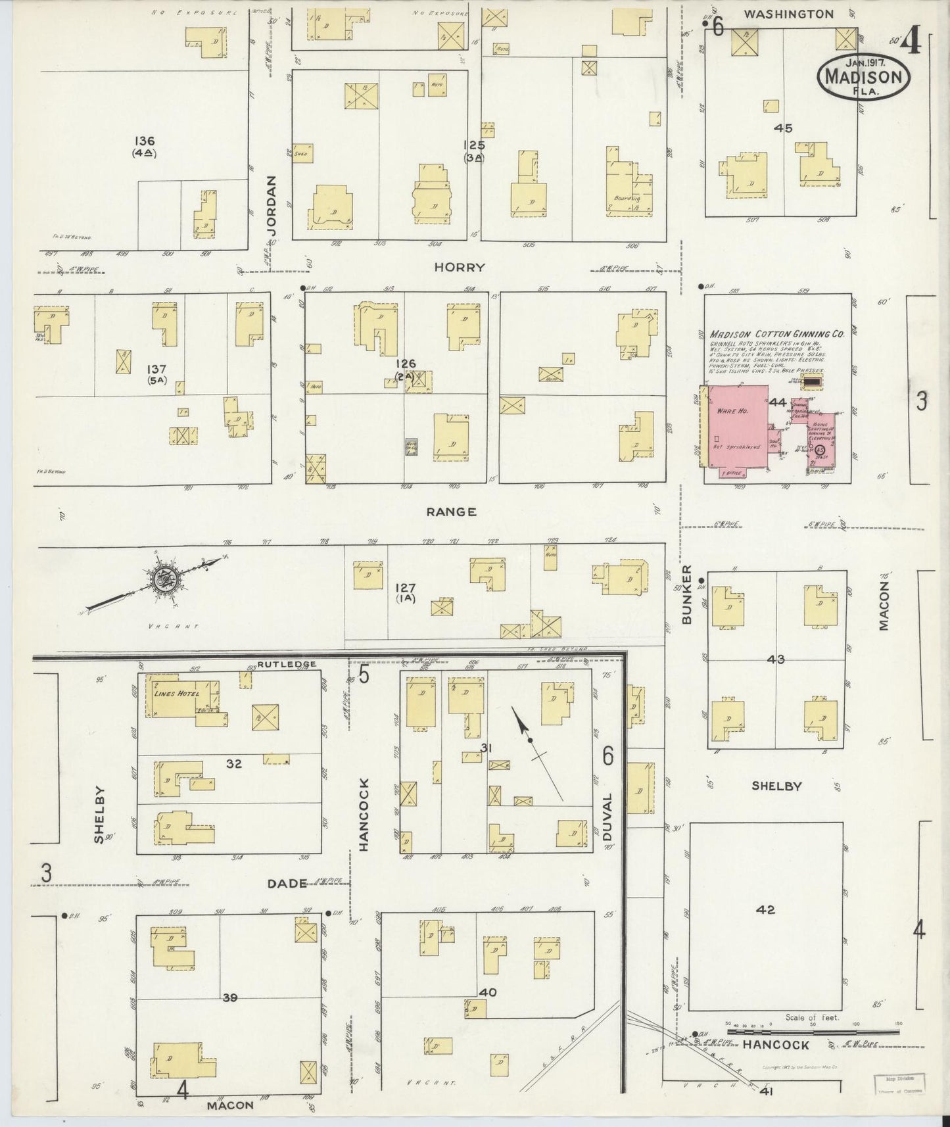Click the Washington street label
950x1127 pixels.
pyautogui.click(x=788, y=14)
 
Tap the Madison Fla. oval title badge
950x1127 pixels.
pyautogui.click(x=863, y=76)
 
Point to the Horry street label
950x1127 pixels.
pyautogui.click(x=460, y=267)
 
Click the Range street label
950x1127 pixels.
pyautogui.click(x=450, y=512)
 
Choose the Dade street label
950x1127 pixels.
pyautogui.click(x=288, y=883)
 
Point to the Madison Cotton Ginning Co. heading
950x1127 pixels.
pyautogui.click(x=767, y=334)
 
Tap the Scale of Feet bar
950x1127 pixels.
pyautogui.click(x=813, y=1032)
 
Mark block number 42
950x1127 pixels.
pyautogui.click(x=766, y=910)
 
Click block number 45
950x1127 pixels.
pyautogui.click(x=783, y=128)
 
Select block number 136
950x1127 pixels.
pyautogui.click(x=144, y=141)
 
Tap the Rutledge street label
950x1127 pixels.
pyautogui.click(x=287, y=664)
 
